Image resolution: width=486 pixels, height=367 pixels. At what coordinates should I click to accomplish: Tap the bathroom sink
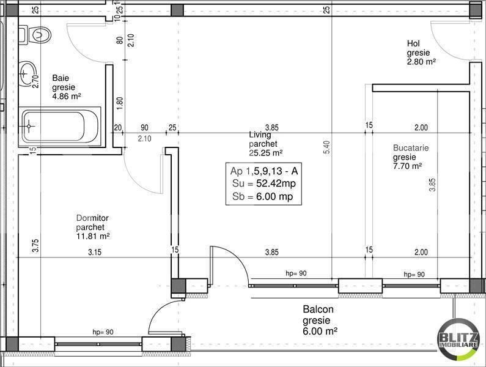[x=26, y=74]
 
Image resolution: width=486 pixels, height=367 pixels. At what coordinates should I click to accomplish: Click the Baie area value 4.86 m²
[x=67, y=96]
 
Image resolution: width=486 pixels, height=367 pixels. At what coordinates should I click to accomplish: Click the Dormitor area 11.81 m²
[x=93, y=235]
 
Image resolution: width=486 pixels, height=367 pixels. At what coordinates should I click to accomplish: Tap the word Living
[x=260, y=135]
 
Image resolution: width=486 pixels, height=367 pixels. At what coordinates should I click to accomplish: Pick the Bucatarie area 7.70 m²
[x=408, y=165]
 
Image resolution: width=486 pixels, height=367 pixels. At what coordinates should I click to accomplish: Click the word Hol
[x=413, y=43]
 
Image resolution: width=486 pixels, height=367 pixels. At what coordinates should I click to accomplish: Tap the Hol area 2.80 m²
[x=421, y=61]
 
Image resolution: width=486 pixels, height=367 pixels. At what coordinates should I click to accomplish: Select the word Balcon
[x=316, y=310]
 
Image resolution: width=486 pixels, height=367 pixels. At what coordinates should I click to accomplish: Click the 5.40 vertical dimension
[x=326, y=147]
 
